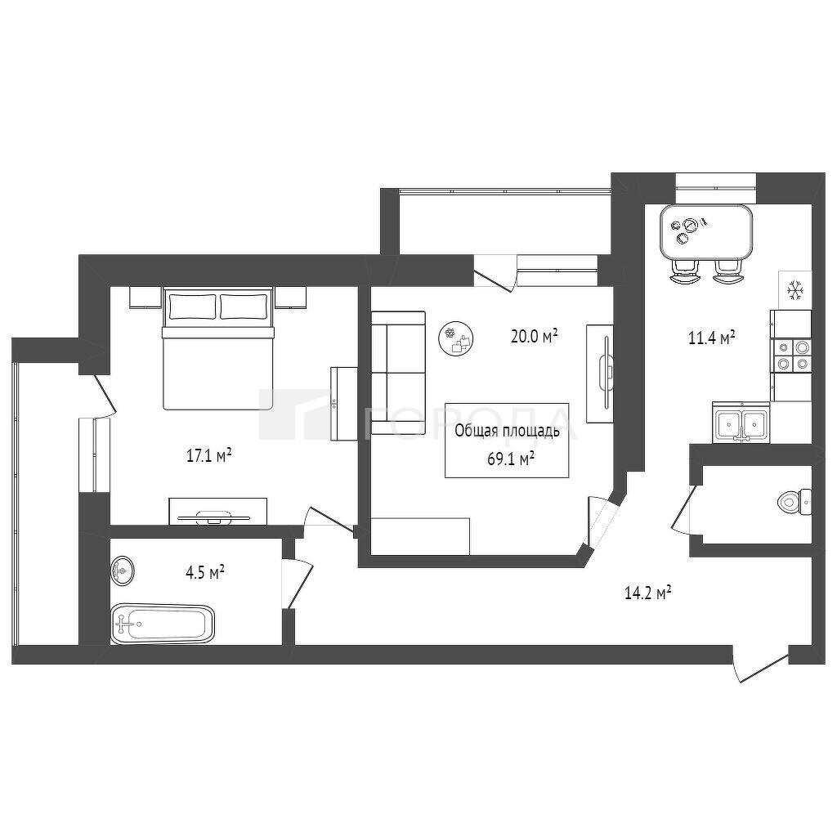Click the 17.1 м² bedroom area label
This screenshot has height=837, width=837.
[208, 456]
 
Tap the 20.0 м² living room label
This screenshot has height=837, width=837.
[535, 337]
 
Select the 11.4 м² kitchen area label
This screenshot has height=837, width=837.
[712, 338]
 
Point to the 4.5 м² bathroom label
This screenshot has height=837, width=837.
[204, 573]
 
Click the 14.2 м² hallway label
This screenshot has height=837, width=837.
[647, 593]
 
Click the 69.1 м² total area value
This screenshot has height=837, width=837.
[512, 459]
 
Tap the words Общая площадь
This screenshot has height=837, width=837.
[507, 431]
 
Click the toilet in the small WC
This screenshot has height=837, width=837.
[794, 503]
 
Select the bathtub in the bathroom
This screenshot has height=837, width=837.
[163, 624]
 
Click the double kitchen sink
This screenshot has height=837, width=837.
[741, 423]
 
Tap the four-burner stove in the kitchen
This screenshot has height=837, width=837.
[791, 356]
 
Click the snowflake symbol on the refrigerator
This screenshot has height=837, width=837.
[795, 290]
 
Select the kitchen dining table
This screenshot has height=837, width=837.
[707, 231]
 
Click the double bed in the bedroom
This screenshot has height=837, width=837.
[217, 348]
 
